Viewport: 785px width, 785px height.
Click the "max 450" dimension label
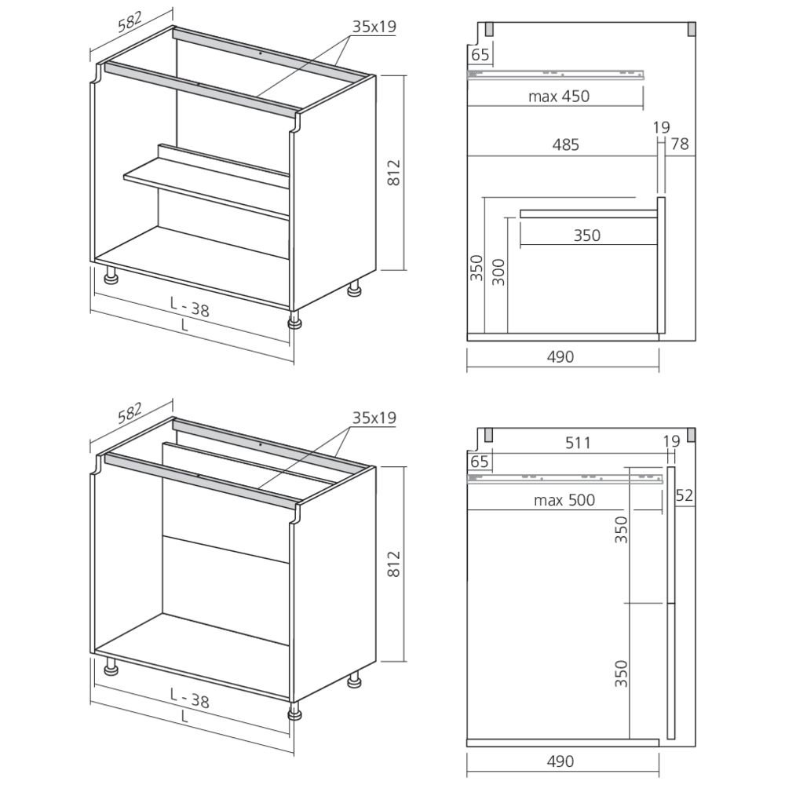point(558,97)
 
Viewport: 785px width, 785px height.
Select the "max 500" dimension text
point(564,500)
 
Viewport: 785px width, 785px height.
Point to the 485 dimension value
point(565,144)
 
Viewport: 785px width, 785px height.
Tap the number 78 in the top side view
point(681,144)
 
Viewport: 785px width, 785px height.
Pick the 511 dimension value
point(577,442)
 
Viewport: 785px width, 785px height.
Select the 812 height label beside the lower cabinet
point(394,564)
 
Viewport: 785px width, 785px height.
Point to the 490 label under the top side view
point(560,356)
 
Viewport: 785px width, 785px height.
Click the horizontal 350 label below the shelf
point(586,235)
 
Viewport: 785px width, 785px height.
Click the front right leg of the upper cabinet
point(295,319)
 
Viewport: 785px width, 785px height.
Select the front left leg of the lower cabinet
point(111,668)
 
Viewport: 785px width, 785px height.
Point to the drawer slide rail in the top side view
point(557,75)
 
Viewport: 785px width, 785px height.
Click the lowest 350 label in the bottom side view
point(620,674)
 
